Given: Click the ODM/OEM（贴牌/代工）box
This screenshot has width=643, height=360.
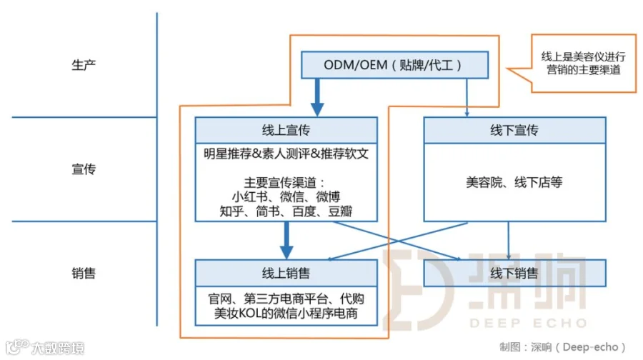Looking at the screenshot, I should tap(395, 65).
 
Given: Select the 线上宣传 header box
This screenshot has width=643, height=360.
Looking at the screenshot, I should tap(286, 130).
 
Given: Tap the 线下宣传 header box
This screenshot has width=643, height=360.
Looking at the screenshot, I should tap(514, 130).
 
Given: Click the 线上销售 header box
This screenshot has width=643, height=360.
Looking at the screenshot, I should tap(286, 273).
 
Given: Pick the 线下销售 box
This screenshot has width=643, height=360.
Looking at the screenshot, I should tap(514, 273).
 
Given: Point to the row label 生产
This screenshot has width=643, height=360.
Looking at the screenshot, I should tap(84, 65).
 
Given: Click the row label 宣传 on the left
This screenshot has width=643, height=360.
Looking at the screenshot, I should tap(84, 169).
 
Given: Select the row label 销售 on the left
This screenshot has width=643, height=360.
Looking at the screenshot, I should tap(84, 273).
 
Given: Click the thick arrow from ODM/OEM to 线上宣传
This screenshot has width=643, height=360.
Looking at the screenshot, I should tap(316, 96).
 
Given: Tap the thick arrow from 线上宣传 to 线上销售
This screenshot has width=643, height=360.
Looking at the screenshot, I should tap(286, 239).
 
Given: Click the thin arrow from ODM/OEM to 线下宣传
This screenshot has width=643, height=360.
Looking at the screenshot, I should tap(466, 96).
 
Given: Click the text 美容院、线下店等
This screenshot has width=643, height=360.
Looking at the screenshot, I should tap(514, 182).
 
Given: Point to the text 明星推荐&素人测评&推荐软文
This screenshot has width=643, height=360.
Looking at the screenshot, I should tap(286, 154).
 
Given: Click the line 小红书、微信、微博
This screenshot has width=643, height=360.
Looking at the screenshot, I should tap(286, 197).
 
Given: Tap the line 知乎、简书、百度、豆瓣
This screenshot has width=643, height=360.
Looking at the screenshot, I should tap(286, 211).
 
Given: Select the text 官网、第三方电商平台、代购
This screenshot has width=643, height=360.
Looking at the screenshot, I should tap(286, 299).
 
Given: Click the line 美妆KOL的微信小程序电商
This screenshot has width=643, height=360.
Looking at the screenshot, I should tap(286, 314).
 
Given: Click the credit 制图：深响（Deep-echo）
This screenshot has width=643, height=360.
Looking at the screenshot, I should tap(563, 346).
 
